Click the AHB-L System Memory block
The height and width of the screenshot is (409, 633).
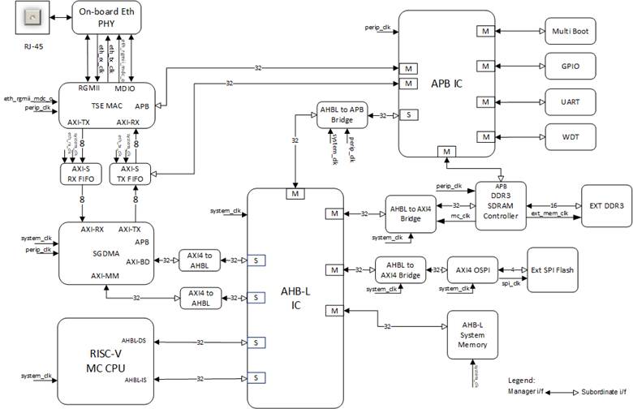tap(471, 334)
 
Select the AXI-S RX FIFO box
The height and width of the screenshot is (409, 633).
tap(80, 174)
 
